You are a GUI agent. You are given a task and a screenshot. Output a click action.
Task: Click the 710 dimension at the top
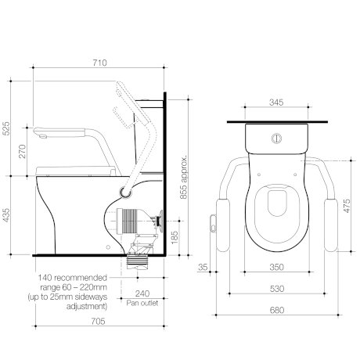(100, 63)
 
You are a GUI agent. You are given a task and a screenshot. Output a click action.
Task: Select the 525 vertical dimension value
(5, 128)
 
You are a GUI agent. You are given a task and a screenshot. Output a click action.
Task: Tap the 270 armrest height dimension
(23, 151)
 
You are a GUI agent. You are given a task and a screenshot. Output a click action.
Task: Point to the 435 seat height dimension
(5, 215)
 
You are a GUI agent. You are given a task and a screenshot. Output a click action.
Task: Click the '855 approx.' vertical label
(184, 178)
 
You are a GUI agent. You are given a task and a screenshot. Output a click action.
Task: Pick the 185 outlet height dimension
(175, 237)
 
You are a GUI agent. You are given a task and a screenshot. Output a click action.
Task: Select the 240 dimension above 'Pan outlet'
(142, 293)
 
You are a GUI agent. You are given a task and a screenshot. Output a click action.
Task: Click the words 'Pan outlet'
(142, 303)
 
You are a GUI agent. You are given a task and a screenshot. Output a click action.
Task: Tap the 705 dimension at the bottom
(98, 321)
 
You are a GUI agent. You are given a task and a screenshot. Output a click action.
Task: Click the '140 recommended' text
(73, 277)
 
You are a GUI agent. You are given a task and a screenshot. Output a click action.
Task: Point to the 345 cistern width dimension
(276, 103)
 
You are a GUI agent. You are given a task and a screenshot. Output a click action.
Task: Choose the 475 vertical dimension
(347, 206)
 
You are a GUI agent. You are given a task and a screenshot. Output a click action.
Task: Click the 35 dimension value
(203, 267)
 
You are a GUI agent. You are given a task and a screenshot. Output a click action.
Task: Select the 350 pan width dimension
(277, 267)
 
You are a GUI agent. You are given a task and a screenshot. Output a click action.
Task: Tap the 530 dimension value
(277, 289)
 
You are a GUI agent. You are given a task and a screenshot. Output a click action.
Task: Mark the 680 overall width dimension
(277, 310)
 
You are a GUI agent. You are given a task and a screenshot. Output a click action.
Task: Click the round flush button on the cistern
(276, 139)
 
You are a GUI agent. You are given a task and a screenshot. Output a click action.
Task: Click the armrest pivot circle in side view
(125, 193)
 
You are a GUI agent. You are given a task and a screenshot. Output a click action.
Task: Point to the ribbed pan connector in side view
(128, 221)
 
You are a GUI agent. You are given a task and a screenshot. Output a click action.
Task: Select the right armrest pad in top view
(330, 225)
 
